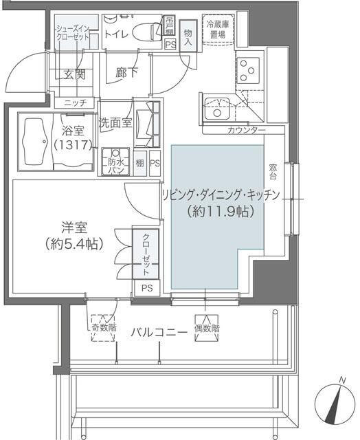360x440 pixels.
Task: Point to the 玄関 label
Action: (x=74, y=75)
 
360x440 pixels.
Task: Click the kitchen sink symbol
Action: (x=218, y=108)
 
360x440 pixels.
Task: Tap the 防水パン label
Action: (x=115, y=166)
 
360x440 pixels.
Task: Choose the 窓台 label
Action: (x=273, y=172)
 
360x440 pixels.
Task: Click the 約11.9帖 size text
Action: (x=221, y=212)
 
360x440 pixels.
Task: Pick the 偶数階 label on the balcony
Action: (x=207, y=329)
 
